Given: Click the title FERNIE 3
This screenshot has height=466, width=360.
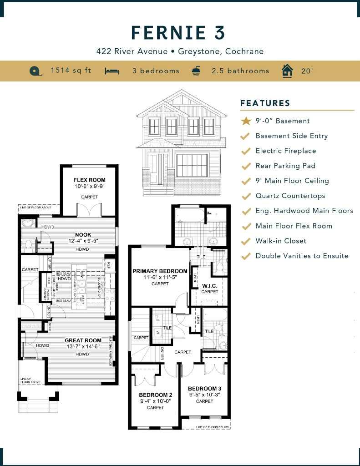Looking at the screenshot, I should (178, 33).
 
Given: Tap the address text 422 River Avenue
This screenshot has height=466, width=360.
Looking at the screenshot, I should (132, 51).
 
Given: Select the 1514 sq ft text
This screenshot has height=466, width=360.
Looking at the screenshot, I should (71, 71).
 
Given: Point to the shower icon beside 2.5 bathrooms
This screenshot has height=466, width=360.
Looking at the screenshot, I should (196, 71).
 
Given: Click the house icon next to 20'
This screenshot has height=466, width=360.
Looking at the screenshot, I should (287, 71).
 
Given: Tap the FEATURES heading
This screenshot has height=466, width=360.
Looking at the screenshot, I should (265, 103).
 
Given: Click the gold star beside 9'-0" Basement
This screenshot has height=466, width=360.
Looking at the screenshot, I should (246, 121).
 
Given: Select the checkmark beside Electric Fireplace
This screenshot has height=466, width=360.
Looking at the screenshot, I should (246, 151).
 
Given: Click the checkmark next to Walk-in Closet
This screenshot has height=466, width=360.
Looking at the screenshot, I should (246, 241).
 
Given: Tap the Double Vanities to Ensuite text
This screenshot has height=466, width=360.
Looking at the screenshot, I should (302, 256).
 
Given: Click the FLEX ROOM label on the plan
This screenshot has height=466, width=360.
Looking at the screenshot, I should (90, 180).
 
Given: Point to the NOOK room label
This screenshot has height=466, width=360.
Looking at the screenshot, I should (83, 235).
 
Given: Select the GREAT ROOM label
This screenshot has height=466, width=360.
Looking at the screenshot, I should (83, 340).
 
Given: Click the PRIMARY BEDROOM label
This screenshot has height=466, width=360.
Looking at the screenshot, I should (160, 271).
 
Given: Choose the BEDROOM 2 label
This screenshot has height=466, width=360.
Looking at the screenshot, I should (155, 395).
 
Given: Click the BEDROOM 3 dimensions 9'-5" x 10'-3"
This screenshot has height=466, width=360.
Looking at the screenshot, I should (204, 395).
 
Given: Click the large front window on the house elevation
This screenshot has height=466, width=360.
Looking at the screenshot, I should (192, 165).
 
